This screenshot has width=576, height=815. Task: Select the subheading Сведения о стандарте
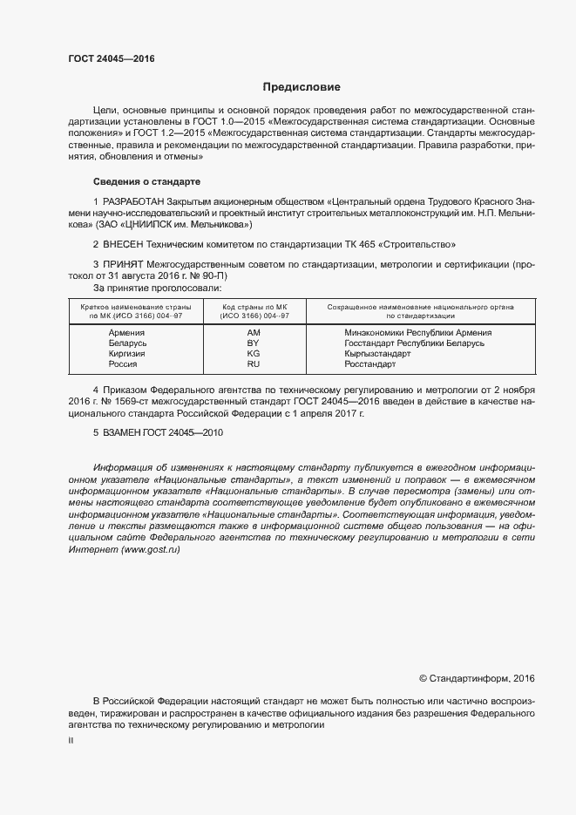146,181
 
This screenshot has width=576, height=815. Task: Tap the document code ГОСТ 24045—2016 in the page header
111,58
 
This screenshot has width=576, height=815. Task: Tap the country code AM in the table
254,333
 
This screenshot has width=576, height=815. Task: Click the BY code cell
254,343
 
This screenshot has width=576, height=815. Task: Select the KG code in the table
254,354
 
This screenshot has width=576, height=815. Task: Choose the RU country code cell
254,364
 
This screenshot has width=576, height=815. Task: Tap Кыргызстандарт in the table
377,354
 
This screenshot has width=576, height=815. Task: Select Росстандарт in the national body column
370,364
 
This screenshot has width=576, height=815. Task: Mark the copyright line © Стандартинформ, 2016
477,677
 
